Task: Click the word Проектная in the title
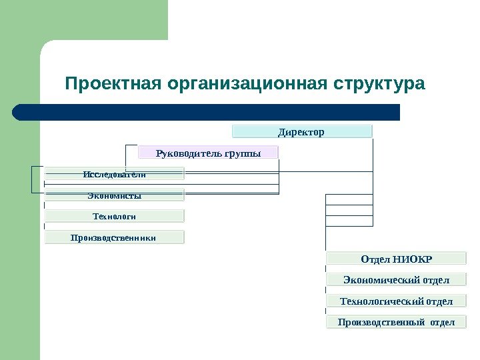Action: [115, 85]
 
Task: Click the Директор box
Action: [301, 131]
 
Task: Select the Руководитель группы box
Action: [208, 153]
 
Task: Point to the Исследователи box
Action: [115, 174]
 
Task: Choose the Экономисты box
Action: [115, 195]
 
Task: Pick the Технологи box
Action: [115, 216]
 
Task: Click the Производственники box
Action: [115, 237]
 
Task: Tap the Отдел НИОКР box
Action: [396, 259]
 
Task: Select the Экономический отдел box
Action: [396, 280]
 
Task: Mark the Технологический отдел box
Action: [396, 301]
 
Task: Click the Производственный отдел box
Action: [396, 323]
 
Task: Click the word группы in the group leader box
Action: [243, 153]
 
